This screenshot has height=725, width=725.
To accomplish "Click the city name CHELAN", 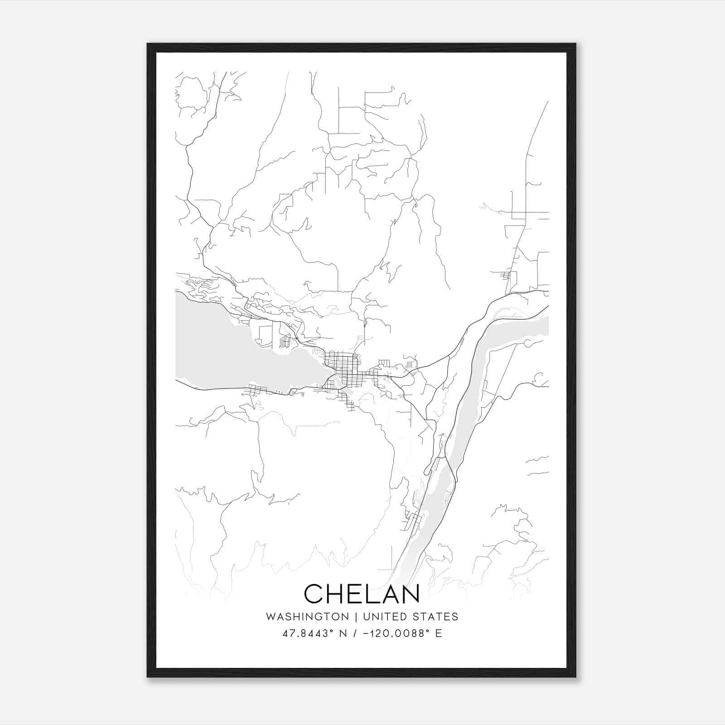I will tap(362, 594).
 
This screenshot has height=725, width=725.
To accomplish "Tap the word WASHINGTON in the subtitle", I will tap(307, 617).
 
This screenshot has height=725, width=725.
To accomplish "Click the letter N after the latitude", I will tap(343, 633).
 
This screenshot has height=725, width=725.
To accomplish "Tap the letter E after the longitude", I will tap(438, 633).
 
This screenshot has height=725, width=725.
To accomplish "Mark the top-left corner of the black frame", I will tap(148, 44).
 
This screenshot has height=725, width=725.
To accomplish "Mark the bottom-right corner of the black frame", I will tap(575, 677).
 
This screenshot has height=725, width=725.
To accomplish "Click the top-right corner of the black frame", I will tap(575, 44).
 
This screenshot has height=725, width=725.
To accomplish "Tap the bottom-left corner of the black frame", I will tap(148, 677).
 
